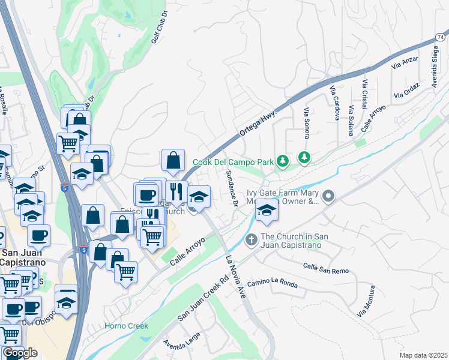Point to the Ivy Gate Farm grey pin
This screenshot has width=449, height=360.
pos(328,196)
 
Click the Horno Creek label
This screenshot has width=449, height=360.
pos(126,326)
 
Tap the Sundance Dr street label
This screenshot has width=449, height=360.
pos(232,188)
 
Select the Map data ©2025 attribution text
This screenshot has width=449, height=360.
pos(423,355)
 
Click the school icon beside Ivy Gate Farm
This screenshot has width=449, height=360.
pos(267,209)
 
